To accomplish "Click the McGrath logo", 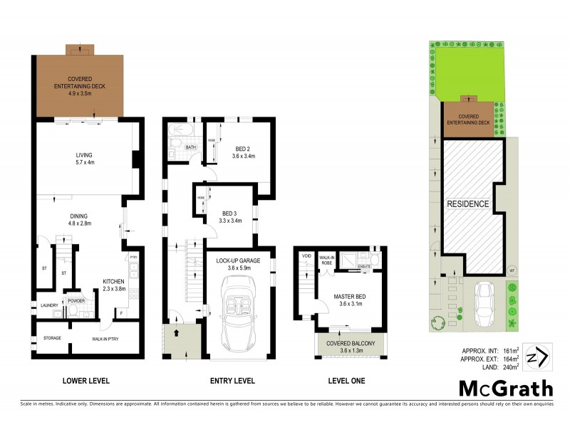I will pyautogui.click(x=505, y=388).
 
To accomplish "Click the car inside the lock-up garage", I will pyautogui.click(x=239, y=310).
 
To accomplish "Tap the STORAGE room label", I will pyautogui.click(x=53, y=338).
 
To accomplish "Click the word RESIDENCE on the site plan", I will pyautogui.click(x=468, y=204).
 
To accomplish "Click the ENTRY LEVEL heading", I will pyautogui.click(x=232, y=381).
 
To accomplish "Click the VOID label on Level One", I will pyautogui.click(x=307, y=255).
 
